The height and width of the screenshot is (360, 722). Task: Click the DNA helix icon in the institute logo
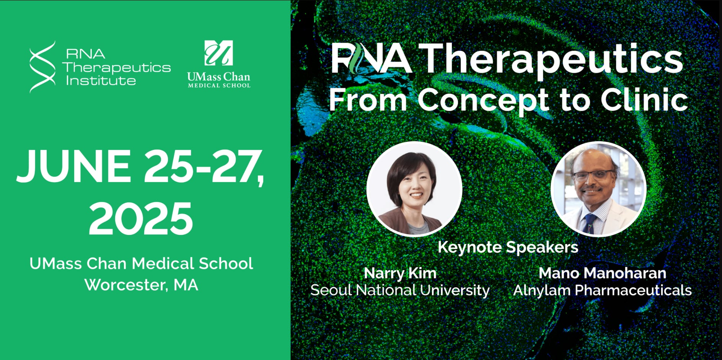point(42,67)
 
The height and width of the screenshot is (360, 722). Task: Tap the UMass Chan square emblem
point(218,53)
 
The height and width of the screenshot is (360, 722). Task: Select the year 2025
point(141,219)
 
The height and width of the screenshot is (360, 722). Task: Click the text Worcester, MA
point(141,285)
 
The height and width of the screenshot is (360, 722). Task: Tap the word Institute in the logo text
point(101,80)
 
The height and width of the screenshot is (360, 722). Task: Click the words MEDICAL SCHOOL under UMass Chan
point(219,86)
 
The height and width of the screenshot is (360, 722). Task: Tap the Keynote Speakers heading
point(508,247)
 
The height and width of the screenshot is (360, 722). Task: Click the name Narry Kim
point(400,273)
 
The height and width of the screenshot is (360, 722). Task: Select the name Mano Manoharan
point(603,273)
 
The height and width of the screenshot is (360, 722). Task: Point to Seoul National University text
point(400,290)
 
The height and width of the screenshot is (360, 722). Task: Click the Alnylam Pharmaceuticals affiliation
point(603,290)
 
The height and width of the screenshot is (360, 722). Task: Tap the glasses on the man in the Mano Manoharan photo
point(593,176)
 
